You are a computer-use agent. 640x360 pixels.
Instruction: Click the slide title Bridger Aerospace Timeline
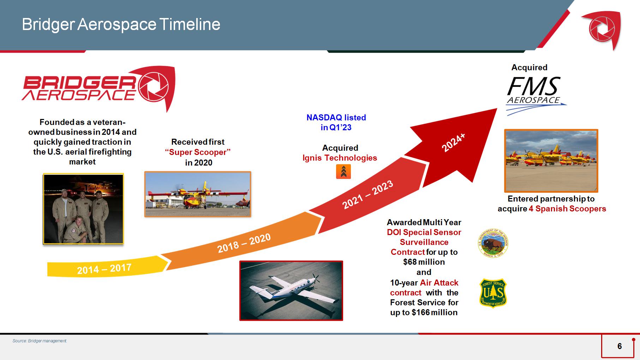tap(121, 25)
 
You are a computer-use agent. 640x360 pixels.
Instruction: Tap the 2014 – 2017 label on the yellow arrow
tap(104, 269)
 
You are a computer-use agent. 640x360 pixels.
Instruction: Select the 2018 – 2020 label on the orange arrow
tap(244, 243)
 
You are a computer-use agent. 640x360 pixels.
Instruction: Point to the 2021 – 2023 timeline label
tap(367, 194)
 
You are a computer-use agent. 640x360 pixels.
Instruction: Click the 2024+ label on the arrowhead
tap(454, 143)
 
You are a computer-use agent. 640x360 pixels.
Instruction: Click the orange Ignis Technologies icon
tap(343, 172)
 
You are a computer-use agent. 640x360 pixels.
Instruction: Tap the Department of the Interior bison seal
tap(493, 243)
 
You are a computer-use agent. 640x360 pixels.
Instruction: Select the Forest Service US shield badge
tap(493, 293)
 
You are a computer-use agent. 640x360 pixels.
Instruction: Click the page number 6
tap(620, 346)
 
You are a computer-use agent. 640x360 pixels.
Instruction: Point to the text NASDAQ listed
tap(336, 118)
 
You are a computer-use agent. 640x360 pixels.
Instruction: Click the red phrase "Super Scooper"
tap(198, 152)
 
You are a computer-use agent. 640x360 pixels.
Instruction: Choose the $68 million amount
tap(424, 262)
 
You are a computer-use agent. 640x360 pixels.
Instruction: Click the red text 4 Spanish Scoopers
tap(567, 209)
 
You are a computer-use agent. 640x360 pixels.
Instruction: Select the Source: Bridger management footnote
tap(40, 341)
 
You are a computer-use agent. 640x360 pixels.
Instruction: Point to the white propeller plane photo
tap(291, 290)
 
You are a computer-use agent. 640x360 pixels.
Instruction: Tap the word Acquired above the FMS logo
tap(530, 67)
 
